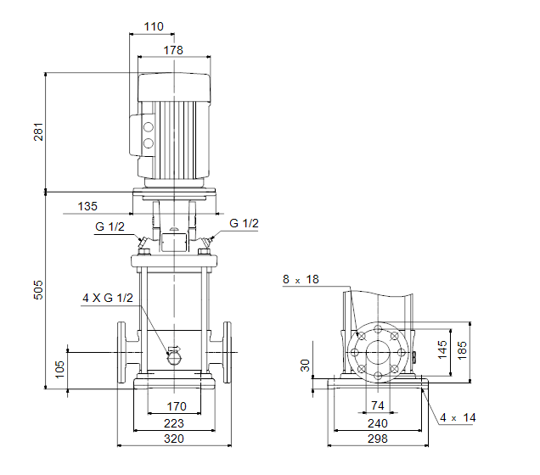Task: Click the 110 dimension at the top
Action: (x=154, y=26)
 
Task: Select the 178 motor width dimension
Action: (x=173, y=50)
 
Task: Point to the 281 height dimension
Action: (x=38, y=131)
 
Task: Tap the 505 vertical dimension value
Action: (x=38, y=289)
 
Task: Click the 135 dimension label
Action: (x=87, y=206)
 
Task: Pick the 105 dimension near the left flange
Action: (x=59, y=369)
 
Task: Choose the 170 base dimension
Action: (x=177, y=406)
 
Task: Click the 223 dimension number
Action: (x=174, y=423)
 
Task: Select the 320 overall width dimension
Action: (x=174, y=439)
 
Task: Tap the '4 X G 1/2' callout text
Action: (x=108, y=298)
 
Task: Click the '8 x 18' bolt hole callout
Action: (x=301, y=279)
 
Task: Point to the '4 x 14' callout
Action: (x=458, y=418)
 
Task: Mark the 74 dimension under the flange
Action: (x=378, y=405)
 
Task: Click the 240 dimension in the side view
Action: (x=378, y=423)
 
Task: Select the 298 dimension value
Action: (x=378, y=439)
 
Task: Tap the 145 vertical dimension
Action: (x=442, y=349)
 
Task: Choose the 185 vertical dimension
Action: (x=462, y=350)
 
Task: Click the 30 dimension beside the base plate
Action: (x=305, y=366)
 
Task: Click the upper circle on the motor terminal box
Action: (x=149, y=127)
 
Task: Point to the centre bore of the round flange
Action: (x=378, y=353)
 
